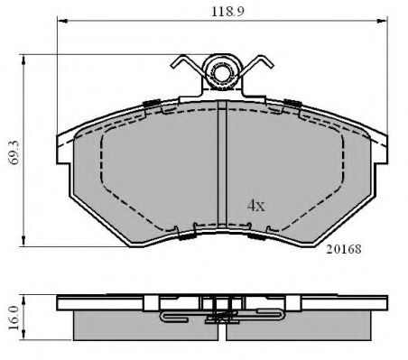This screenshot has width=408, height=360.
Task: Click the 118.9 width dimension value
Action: click(x=227, y=12)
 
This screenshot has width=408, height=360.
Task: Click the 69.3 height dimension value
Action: click(x=14, y=152)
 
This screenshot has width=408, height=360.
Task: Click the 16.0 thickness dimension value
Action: click(x=14, y=318)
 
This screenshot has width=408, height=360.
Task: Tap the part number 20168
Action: click(x=344, y=249)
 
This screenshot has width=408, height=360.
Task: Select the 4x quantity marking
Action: click(x=256, y=206)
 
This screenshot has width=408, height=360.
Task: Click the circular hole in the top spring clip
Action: click(x=222, y=72)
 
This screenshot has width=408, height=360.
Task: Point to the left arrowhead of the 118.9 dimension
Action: click(x=62, y=21)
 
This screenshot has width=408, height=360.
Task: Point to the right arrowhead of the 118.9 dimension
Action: click(x=383, y=21)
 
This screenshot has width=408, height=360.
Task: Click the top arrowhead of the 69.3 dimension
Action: click(x=23, y=60)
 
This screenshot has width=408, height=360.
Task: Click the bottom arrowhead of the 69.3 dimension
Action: click(x=23, y=242)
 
